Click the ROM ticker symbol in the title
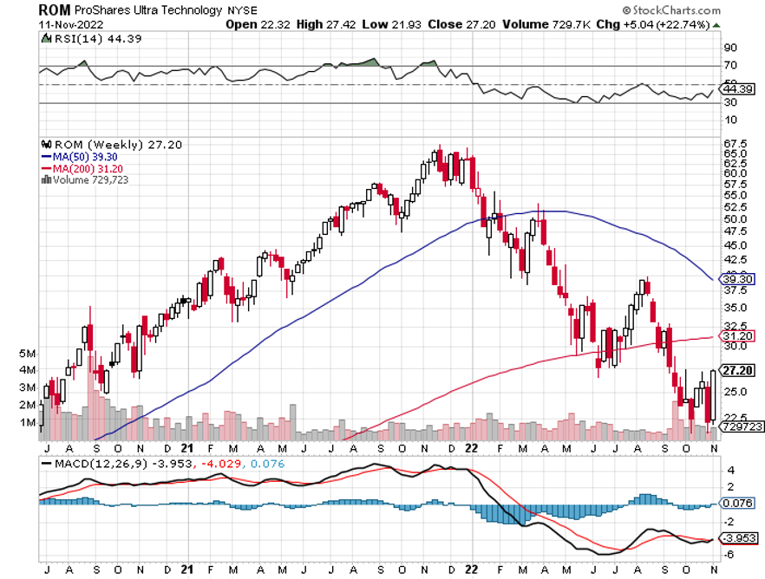coord(55,10)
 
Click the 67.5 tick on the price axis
coord(736,143)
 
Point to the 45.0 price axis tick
coord(736,245)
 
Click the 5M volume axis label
coord(27,354)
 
